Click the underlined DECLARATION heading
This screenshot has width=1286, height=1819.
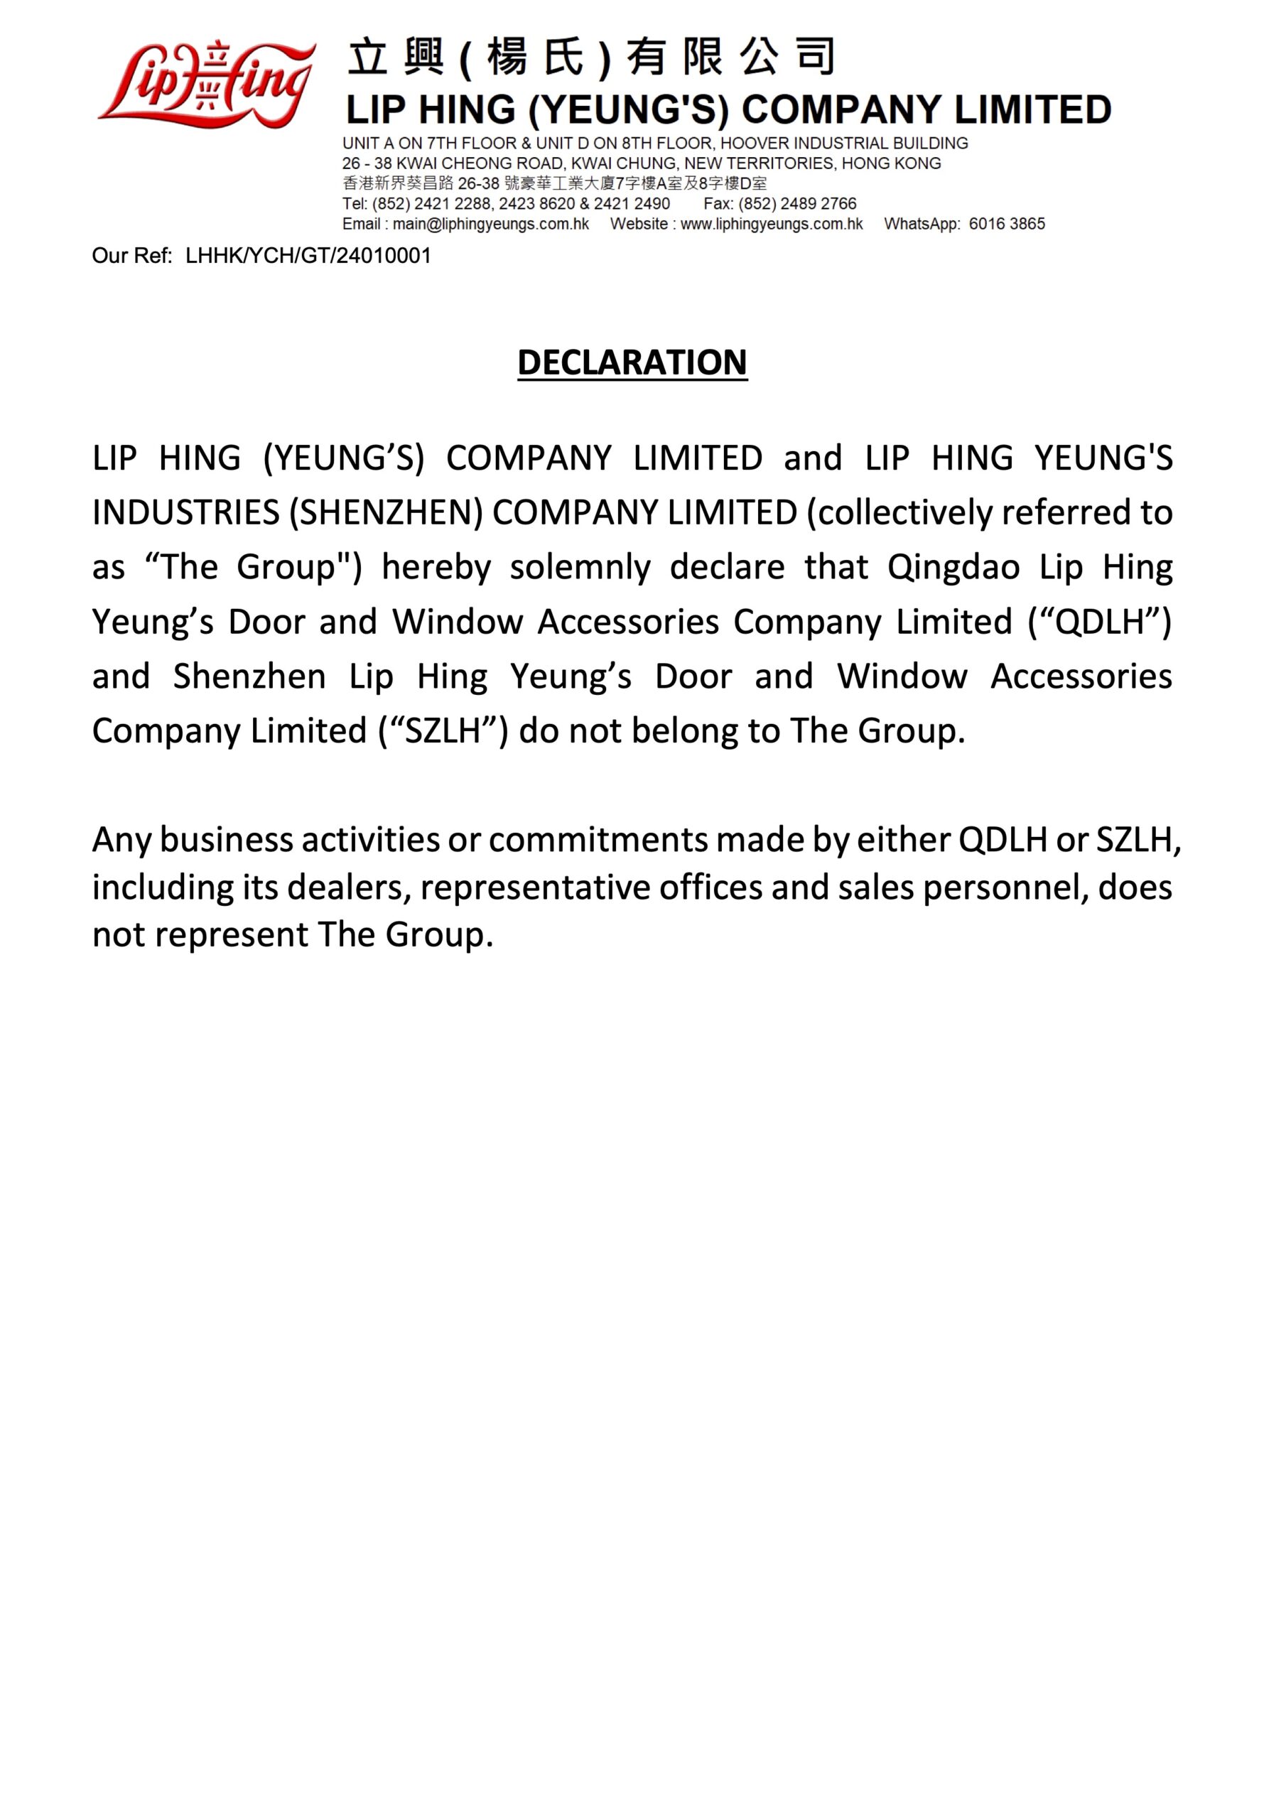coord(632,363)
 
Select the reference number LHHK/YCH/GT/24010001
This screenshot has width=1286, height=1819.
coord(308,256)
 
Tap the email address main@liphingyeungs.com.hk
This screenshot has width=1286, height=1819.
coord(490,225)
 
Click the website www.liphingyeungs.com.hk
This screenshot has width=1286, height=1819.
coord(771,225)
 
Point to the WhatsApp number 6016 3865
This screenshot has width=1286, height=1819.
coord(1006,225)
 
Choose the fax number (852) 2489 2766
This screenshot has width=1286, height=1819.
coord(797,204)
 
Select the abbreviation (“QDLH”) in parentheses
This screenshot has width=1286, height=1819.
coord(1099,622)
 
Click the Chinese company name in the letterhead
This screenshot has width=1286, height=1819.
coord(590,58)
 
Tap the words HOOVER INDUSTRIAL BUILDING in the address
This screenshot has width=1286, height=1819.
coord(844,144)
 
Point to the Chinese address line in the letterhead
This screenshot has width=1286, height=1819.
coord(555,184)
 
